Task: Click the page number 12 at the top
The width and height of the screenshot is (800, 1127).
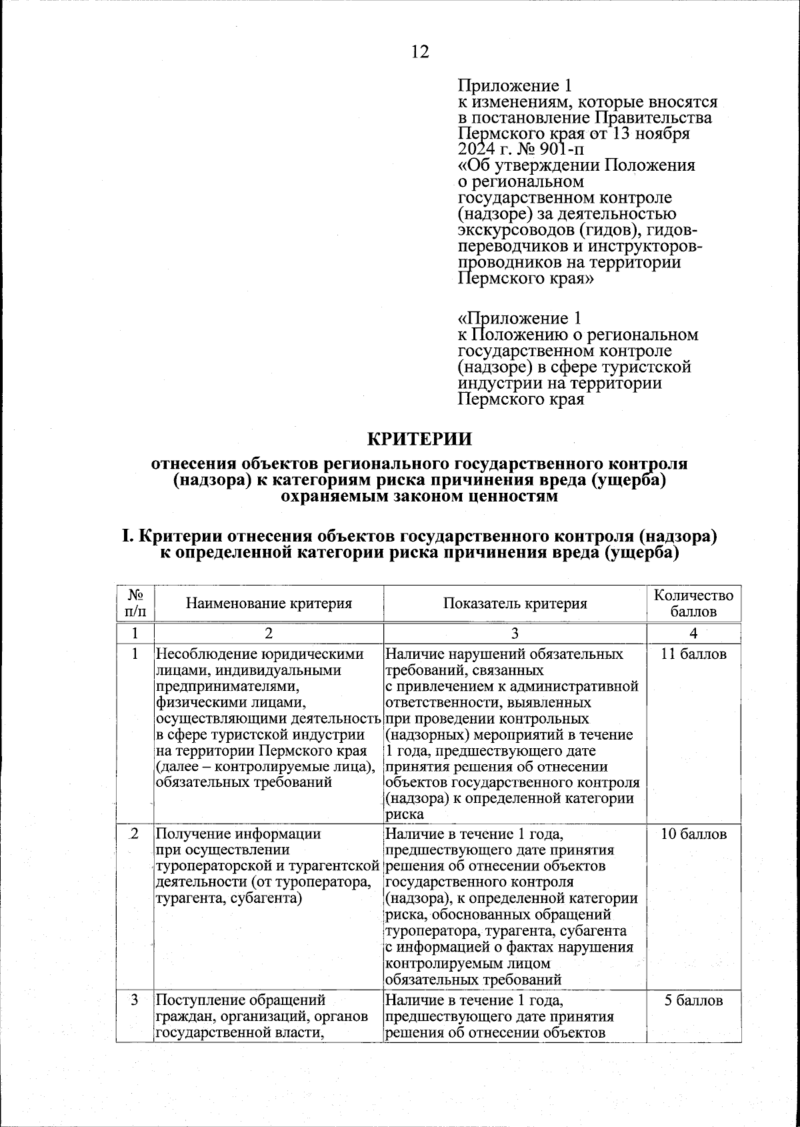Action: click(x=420, y=52)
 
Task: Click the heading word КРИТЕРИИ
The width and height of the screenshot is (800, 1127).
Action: click(x=420, y=439)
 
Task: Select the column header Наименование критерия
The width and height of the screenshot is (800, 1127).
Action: click(x=269, y=604)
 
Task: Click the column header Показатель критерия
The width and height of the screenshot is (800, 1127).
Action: click(x=515, y=604)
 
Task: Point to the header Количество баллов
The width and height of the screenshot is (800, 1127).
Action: click(x=693, y=603)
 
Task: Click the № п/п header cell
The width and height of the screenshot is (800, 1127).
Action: click(x=135, y=603)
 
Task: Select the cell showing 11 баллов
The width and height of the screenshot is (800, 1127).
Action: click(x=693, y=654)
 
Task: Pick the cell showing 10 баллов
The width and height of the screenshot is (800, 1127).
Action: click(x=693, y=834)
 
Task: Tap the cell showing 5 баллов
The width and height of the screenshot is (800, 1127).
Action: click(x=693, y=1000)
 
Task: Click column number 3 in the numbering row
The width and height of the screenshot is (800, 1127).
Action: click(x=515, y=633)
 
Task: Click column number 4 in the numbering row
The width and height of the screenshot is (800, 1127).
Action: click(x=693, y=633)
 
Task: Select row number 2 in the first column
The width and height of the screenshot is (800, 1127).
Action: click(x=135, y=834)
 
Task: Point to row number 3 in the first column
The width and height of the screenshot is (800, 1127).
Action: click(x=135, y=1000)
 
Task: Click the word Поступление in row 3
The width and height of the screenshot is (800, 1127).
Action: click(x=199, y=1000)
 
